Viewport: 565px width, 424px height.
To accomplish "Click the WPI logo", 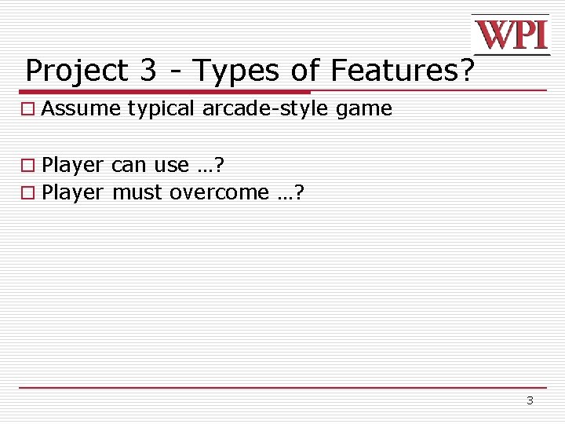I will [x=510, y=35].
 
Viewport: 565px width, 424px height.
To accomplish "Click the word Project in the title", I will [x=76, y=71].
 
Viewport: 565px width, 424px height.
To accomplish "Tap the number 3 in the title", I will [x=148, y=71].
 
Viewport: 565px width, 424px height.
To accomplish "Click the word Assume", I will [x=81, y=108].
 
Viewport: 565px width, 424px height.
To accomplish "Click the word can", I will [x=129, y=166].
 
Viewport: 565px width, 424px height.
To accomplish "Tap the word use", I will [x=172, y=166].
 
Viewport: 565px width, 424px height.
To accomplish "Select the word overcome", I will [x=219, y=192].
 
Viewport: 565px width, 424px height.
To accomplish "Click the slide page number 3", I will [x=530, y=400].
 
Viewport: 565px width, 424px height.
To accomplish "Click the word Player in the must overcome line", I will [x=72, y=192].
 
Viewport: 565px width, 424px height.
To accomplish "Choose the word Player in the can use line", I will [x=72, y=166].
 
